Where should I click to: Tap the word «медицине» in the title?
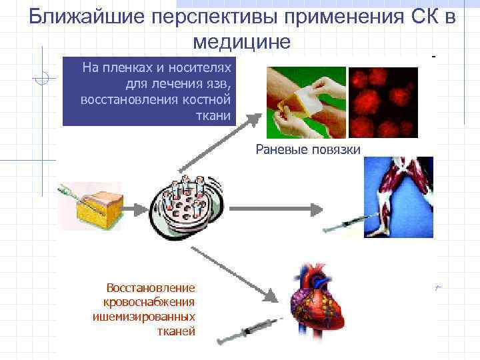241,41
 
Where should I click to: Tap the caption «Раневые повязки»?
308,149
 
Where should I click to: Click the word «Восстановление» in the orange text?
151,288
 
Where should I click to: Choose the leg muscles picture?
399,197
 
